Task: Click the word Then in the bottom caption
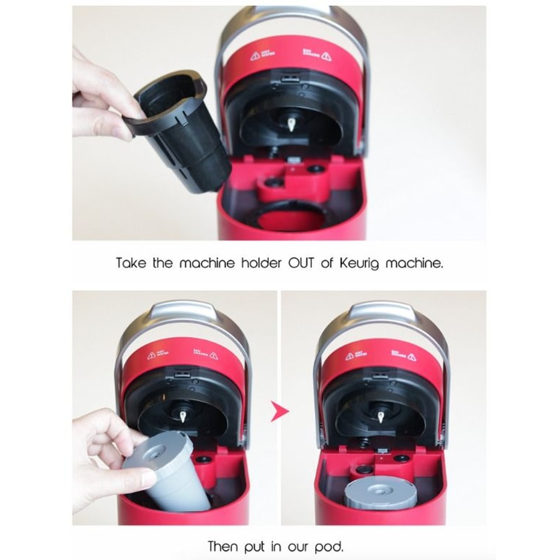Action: pyautogui.click(x=225, y=545)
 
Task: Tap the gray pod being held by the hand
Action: pyautogui.click(x=162, y=470)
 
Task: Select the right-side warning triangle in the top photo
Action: pyautogui.click(x=326, y=56)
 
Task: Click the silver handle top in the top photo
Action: pyautogui.click(x=291, y=14)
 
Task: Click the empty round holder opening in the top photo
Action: pyautogui.click(x=291, y=216)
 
